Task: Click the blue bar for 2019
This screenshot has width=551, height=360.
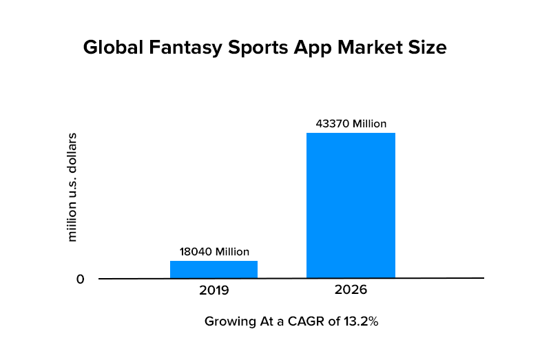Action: click(x=214, y=269)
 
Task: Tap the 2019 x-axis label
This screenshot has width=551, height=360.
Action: click(x=214, y=290)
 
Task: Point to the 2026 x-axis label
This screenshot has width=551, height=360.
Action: click(x=351, y=290)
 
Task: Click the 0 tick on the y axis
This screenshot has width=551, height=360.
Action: click(x=80, y=279)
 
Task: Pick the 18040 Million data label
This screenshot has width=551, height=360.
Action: click(x=214, y=252)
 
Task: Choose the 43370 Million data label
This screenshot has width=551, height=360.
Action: click(x=351, y=124)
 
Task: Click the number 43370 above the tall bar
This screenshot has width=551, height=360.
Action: click(x=332, y=124)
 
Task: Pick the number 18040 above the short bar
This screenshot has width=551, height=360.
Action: click(x=195, y=252)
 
